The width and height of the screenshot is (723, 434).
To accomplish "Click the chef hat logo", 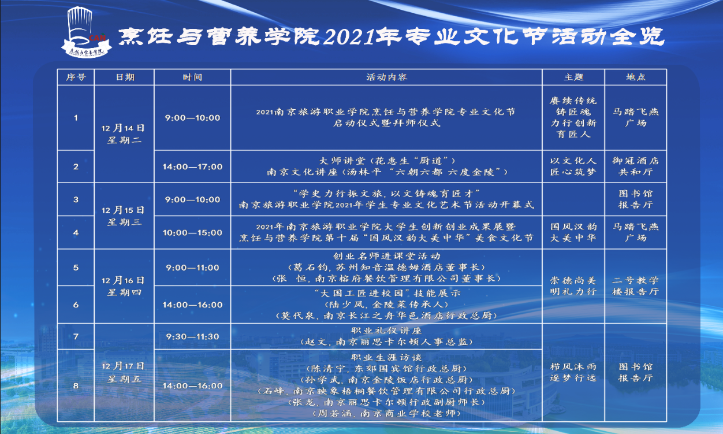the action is click(x=86, y=32).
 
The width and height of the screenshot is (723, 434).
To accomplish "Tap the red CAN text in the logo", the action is click(x=98, y=38).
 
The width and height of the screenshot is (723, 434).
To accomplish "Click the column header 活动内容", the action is click(x=386, y=77).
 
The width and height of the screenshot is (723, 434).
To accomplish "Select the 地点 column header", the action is click(x=636, y=77).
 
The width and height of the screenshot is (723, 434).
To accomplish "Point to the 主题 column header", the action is click(x=573, y=77).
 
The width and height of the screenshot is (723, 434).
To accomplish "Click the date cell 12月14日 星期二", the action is click(x=123, y=134).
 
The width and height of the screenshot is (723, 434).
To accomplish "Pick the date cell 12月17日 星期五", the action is click(x=123, y=372).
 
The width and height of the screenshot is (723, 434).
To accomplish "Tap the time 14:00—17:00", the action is click(x=192, y=166).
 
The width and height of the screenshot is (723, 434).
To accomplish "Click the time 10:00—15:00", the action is click(x=192, y=232).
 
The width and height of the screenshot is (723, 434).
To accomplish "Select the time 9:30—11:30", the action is click(x=192, y=336).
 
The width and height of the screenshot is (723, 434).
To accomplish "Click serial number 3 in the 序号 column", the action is click(x=76, y=199).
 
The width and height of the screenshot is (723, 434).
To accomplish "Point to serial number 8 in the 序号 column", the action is click(x=76, y=385).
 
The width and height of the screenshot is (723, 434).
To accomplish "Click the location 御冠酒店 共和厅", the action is click(x=636, y=166).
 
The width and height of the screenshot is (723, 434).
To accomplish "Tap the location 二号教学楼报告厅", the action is click(x=636, y=286).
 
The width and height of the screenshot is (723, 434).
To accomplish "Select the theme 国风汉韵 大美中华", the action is click(x=573, y=232).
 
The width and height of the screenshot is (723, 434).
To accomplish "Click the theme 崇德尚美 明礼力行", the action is click(x=573, y=286).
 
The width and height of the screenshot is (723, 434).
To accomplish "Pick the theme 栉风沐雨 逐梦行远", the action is click(x=573, y=372).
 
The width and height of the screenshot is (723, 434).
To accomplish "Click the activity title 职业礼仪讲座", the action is click(x=386, y=331).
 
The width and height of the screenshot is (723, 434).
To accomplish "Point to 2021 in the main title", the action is click(x=350, y=36).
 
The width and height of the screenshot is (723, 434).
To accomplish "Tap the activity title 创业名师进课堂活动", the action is click(x=386, y=256).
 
